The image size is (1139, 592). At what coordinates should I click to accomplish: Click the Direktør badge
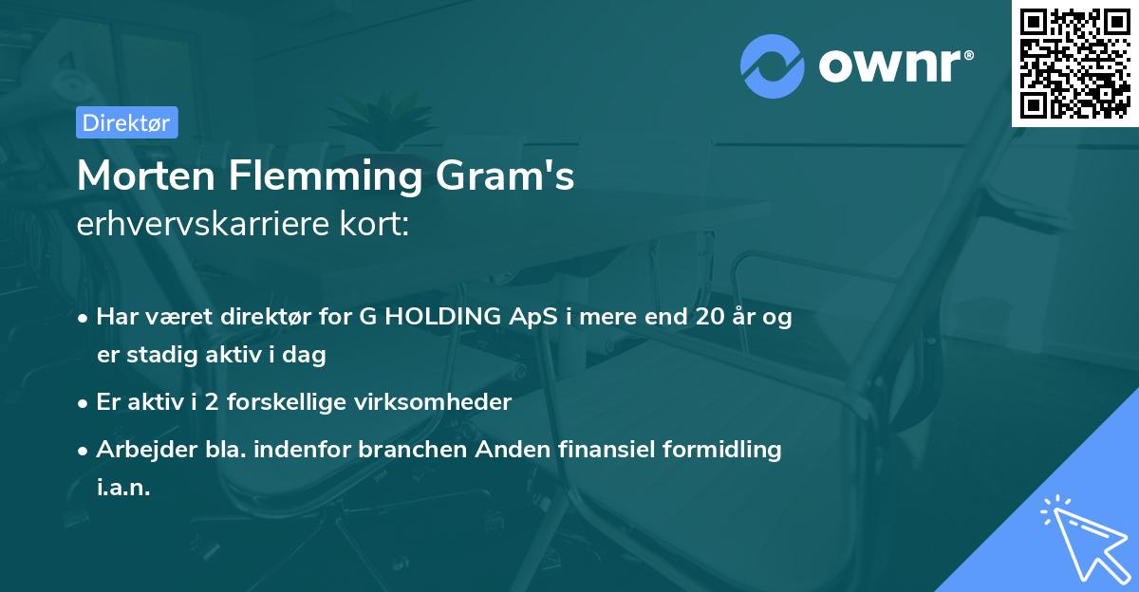tap(126, 122)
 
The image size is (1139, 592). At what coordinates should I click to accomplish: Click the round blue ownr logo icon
tap(774, 66)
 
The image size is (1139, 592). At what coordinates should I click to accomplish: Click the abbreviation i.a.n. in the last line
tap(123, 488)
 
